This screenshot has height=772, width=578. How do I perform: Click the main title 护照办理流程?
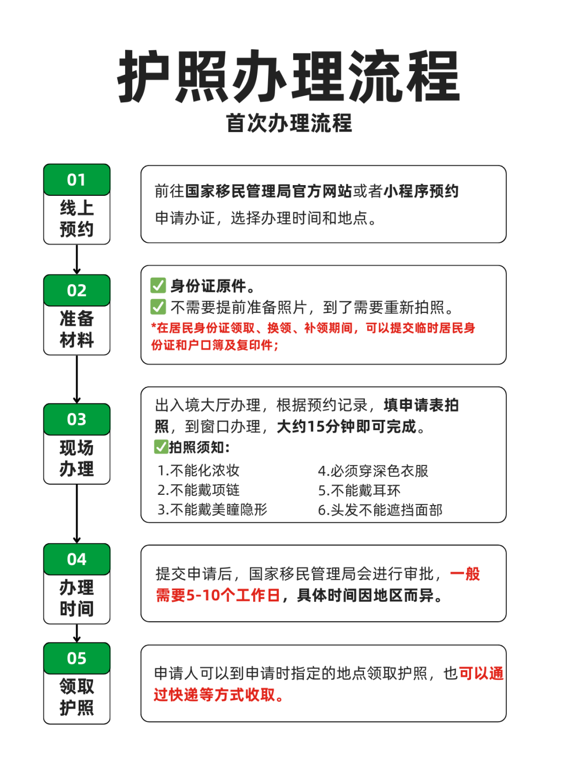tap(288, 77)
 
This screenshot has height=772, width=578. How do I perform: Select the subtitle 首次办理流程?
tap(288, 123)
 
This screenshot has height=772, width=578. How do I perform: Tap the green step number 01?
tap(77, 180)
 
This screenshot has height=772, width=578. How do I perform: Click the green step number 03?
tap(77, 419)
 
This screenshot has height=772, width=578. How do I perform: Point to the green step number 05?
tap(77, 658)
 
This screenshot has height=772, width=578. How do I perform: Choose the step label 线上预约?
tap(77, 218)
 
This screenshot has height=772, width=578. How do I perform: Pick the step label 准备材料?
tap(77, 329)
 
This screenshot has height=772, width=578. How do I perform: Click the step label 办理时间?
tap(77, 598)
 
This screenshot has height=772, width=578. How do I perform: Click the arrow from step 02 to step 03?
tap(77, 379)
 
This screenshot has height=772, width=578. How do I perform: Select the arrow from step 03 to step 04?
tap(77, 514)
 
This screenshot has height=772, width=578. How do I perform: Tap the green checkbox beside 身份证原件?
tap(158, 285)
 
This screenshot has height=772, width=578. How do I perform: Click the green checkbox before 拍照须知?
tap(161, 447)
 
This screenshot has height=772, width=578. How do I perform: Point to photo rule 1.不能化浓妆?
tap(199, 471)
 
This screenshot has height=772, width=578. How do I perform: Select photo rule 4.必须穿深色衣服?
tap(373, 471)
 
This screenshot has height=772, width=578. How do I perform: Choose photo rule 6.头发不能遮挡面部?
tap(380, 510)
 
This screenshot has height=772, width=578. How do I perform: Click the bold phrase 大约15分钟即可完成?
tap(346, 426)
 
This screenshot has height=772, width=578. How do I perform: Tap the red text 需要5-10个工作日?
tap(218, 595)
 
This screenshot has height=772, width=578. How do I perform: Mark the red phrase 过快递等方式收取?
tap(214, 694)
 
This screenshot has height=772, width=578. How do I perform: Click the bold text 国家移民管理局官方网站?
tap(269, 192)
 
